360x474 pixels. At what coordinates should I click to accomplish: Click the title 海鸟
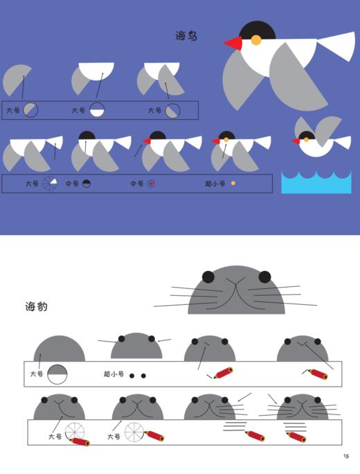tap(186, 35)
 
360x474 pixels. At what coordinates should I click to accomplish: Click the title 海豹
tap(37, 306)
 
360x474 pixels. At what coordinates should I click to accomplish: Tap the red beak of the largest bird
tap(234, 44)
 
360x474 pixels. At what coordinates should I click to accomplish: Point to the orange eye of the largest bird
tap(255, 40)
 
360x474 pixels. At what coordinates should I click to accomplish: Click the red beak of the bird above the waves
tap(296, 141)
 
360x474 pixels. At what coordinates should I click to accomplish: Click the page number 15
tap(345, 455)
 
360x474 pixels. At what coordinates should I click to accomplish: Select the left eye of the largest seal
tap(208, 277)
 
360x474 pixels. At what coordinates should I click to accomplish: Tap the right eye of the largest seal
tap(264, 277)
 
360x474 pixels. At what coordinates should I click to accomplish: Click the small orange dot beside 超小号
tap(233, 184)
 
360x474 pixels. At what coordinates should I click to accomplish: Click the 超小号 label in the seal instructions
tap(114, 375)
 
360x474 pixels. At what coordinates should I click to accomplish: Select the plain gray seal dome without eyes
tap(60, 350)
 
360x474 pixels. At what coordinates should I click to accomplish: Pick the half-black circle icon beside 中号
tap(87, 184)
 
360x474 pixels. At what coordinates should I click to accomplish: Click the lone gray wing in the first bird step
tap(17, 80)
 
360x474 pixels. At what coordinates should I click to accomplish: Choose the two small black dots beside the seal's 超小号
tap(138, 376)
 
